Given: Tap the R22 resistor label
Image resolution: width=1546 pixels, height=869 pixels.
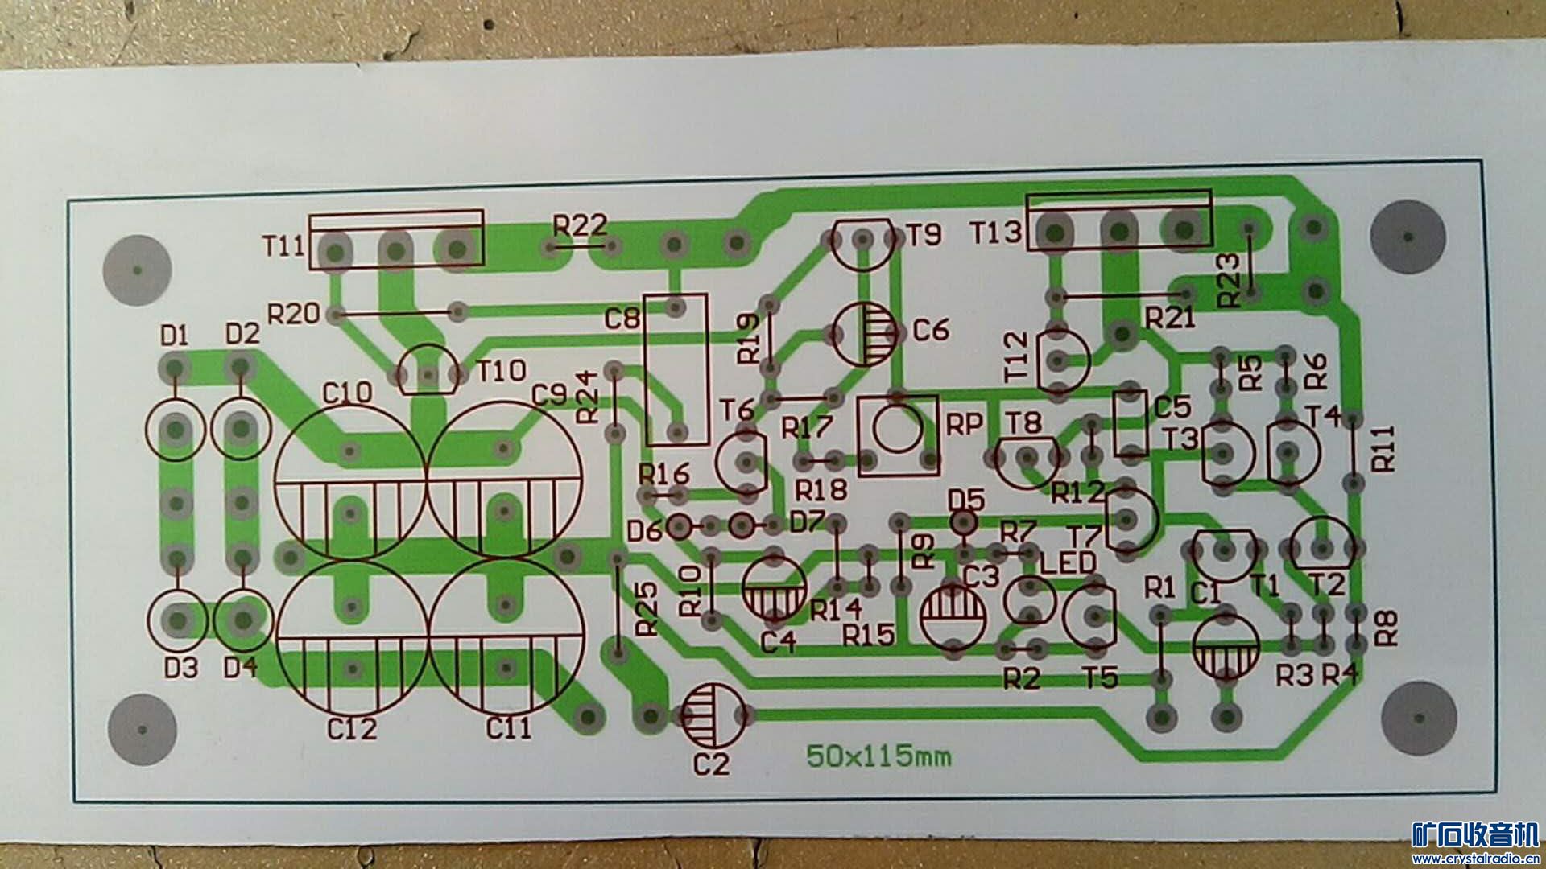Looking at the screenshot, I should (580, 225).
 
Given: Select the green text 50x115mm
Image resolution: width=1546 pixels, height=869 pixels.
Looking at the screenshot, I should (878, 756).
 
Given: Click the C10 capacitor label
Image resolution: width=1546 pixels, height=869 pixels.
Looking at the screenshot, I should (347, 393).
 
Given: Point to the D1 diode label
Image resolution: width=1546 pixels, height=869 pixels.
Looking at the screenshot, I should (174, 335).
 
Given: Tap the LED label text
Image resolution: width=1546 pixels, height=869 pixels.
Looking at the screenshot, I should (1068, 562).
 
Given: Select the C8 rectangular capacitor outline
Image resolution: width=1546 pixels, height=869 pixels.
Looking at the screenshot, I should (676, 369).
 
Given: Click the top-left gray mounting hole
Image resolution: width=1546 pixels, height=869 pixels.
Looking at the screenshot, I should (138, 270).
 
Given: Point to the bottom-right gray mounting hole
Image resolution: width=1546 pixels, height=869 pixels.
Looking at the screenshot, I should (1418, 719).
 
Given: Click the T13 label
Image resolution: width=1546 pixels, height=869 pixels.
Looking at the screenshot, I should (996, 233).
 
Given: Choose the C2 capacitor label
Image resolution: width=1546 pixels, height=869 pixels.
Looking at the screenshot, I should (710, 764).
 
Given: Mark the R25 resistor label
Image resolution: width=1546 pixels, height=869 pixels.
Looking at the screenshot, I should (647, 609).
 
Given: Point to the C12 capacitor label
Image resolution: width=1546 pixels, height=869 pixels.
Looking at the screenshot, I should (352, 729).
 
